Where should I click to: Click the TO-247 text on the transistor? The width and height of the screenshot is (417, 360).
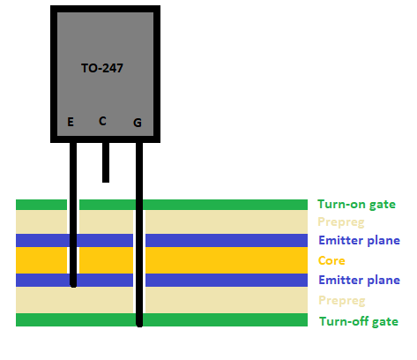(x=102, y=68)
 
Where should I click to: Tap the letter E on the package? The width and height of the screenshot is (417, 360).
(x=71, y=122)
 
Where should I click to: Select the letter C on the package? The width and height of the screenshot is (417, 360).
(x=102, y=121)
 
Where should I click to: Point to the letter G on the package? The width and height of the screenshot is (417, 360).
(x=138, y=123)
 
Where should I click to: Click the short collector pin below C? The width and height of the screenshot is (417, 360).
(x=106, y=162)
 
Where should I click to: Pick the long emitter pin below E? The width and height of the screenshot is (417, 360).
(x=73, y=215)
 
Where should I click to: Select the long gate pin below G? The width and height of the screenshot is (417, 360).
(x=139, y=235)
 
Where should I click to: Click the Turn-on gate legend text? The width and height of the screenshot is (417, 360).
(x=356, y=205)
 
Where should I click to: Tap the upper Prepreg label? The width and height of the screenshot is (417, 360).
(x=341, y=222)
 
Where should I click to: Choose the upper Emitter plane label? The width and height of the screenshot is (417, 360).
(x=359, y=240)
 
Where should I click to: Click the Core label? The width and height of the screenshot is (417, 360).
(x=331, y=260)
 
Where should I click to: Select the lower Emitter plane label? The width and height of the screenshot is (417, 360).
(x=359, y=280)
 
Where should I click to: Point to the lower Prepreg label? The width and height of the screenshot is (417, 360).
(x=342, y=301)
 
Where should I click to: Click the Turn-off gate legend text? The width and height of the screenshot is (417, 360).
(x=359, y=321)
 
